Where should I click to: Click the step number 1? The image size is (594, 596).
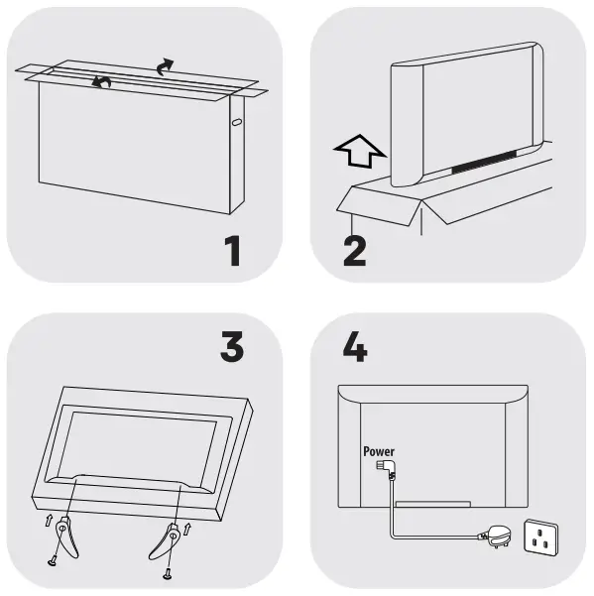(233, 251)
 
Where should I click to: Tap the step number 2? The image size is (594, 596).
(355, 251)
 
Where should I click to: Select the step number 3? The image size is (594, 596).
(232, 346)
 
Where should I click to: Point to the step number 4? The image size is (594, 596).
(355, 346)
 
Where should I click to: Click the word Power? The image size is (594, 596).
(379, 451)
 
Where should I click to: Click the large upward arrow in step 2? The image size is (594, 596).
(360, 151)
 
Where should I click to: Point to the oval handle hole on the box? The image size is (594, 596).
(236, 122)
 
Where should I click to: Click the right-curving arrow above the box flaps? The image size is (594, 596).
(165, 66)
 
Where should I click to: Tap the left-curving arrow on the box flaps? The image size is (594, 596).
(101, 81)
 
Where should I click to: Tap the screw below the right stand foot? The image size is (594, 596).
(167, 575)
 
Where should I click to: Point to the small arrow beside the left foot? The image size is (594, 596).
(49, 520)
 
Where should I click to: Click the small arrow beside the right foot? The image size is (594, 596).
(186, 529)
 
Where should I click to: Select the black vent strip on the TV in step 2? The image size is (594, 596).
(484, 162)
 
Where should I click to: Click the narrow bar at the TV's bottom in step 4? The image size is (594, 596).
(433, 504)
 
